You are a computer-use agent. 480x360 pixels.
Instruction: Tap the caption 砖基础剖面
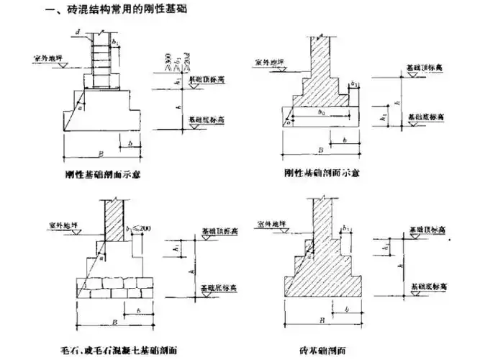pyautogui.click(x=329, y=351)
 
